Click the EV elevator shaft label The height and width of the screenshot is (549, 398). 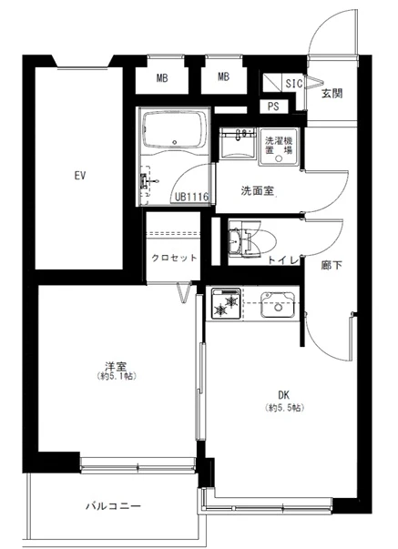coord(80,176)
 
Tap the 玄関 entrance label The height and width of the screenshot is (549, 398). coord(332,94)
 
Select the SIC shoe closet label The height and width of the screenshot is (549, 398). coord(293,84)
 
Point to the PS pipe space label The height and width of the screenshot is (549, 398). coord(273,107)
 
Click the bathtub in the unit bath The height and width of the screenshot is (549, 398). coord(174,129)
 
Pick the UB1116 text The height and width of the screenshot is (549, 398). coord(191,198)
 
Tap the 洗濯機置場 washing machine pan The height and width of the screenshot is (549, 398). coord(279,147)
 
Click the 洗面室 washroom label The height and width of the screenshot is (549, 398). coord(257,191)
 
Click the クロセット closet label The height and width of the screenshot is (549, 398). coord(174,258)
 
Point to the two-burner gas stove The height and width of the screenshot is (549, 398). coord(225,303)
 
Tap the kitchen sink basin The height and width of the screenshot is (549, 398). coord(278,304)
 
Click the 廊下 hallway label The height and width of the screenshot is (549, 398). coord(332,266)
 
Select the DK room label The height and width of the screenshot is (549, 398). coord(283,395)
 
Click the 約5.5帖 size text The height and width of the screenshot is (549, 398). coord(284,408)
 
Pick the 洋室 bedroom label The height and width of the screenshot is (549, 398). coord(116,367)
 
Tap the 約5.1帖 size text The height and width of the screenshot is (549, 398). coord(116,377)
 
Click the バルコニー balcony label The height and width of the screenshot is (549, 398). coord(113,506)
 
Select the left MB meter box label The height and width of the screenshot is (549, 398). coord(162,78)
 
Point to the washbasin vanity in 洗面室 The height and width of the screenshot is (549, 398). coord(237,143)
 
